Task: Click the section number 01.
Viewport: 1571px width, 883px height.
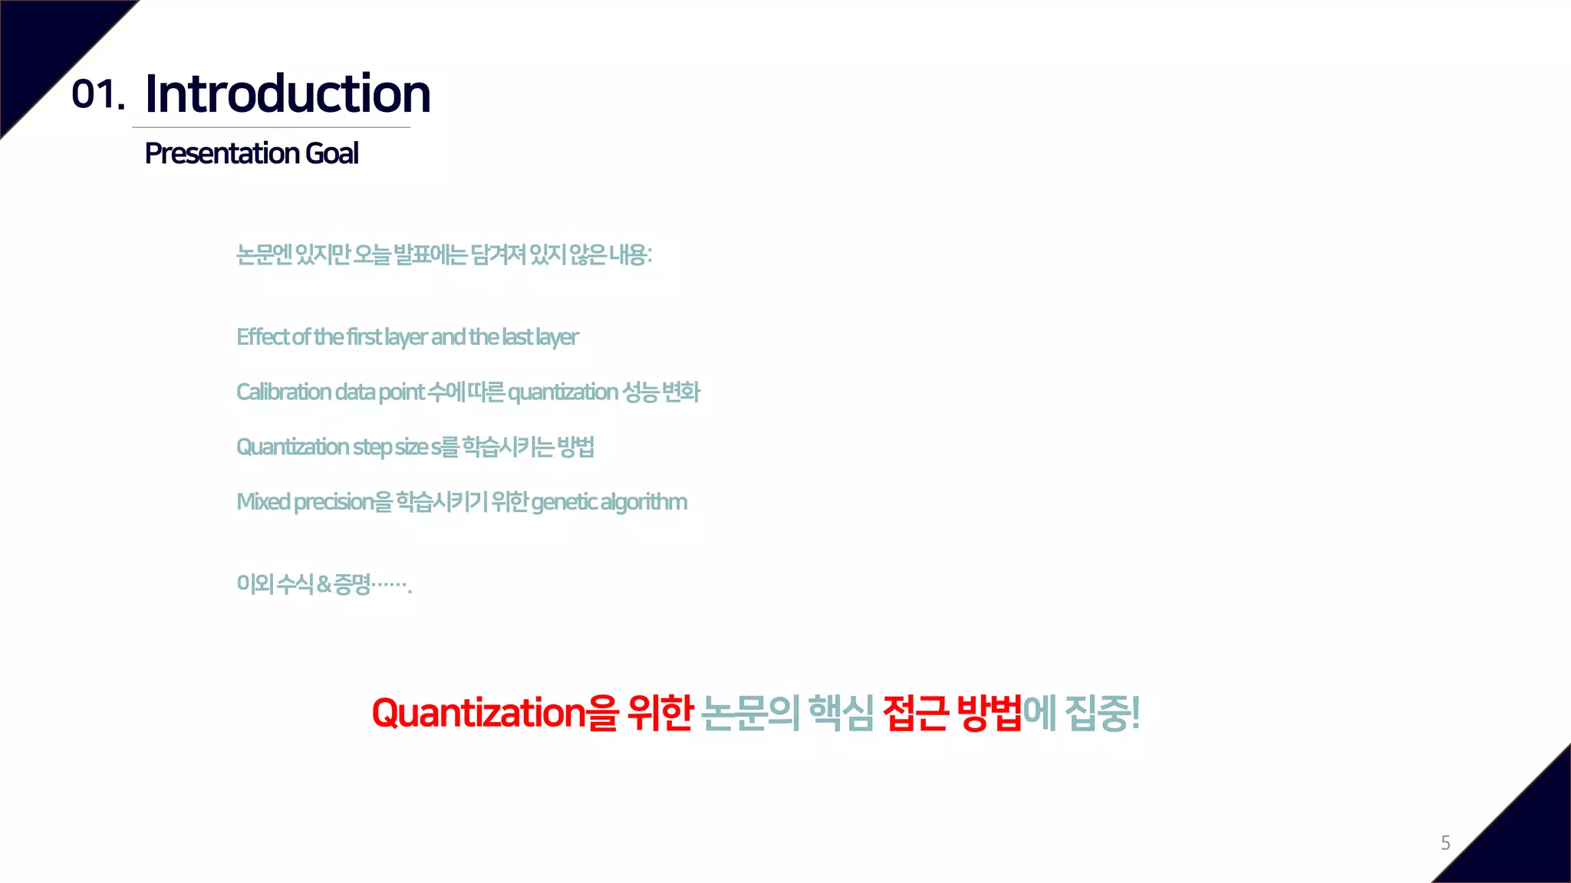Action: tap(97, 95)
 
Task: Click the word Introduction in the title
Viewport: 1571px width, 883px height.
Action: tap(288, 94)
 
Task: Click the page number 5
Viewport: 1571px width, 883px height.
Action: tap(1445, 843)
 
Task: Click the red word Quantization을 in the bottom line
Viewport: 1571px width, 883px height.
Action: tap(494, 713)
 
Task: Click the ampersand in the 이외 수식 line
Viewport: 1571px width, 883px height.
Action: tap(324, 585)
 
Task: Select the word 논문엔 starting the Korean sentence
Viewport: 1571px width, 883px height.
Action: tap(264, 254)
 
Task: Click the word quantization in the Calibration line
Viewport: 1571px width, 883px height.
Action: tap(562, 392)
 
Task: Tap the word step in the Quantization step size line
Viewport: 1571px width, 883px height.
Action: tap(372, 448)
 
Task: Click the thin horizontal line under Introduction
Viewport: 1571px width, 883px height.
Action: tap(272, 127)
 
